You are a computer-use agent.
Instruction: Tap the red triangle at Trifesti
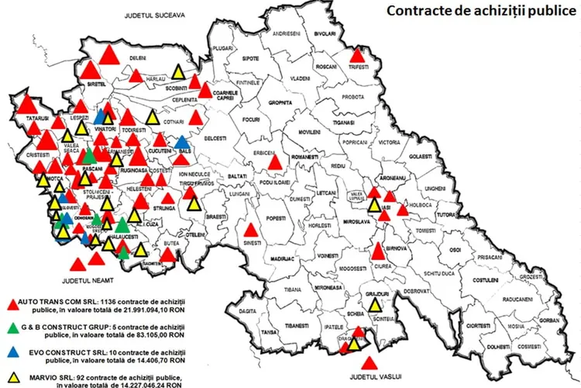(x=357, y=55)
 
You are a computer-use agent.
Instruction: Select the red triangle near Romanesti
(x=274, y=162)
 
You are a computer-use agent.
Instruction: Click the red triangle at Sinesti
(x=250, y=230)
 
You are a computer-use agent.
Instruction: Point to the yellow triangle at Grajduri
(x=375, y=304)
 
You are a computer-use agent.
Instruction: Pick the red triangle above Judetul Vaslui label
(x=370, y=362)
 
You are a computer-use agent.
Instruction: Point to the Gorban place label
(x=549, y=320)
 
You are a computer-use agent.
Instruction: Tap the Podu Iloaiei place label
(x=274, y=182)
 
